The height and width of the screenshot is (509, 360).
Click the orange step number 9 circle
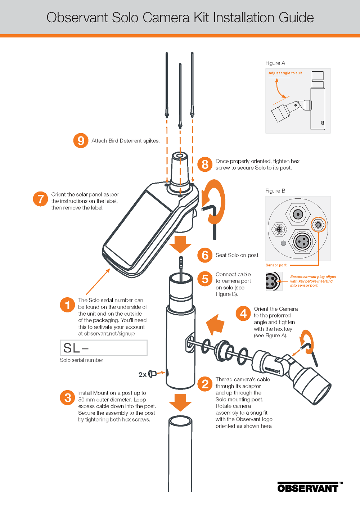pyautogui.click(x=81, y=140)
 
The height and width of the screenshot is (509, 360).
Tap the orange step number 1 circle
pyautogui.click(x=67, y=305)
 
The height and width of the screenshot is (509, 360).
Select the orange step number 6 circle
pyautogui.click(x=205, y=255)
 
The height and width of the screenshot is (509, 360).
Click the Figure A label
pyautogui.click(x=275, y=63)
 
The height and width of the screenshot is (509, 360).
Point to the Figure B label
pyautogui.click(x=275, y=191)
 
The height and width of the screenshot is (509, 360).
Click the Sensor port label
pyautogui.click(x=276, y=265)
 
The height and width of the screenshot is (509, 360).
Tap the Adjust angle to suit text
pyautogui.click(x=285, y=73)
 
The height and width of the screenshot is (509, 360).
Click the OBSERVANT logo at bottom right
pyautogui.click(x=308, y=488)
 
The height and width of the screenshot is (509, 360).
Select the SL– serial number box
pyautogui.click(x=104, y=348)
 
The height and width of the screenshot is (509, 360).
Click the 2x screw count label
pyautogui.click(x=143, y=375)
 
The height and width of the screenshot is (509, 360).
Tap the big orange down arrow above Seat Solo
pyautogui.click(x=180, y=245)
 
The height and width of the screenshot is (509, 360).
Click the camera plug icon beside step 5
pyautogui.click(x=273, y=281)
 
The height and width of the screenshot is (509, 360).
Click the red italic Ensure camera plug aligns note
pyautogui.click(x=312, y=281)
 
